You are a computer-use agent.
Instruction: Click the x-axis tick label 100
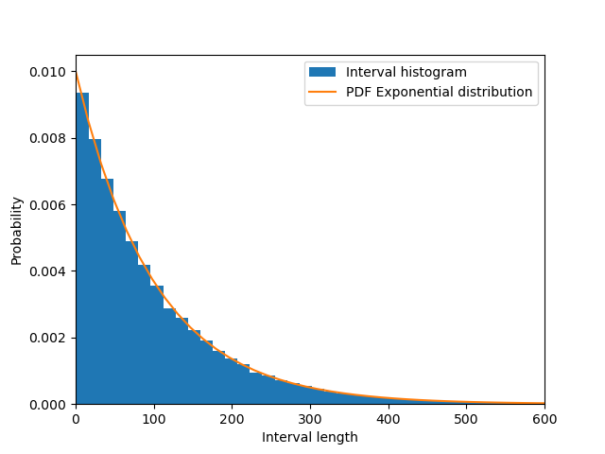tap(154, 418)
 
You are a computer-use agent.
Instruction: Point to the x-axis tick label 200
tap(232, 418)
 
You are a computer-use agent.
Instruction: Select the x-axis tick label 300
tap(310, 418)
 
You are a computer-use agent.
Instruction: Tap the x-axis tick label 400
tap(389, 418)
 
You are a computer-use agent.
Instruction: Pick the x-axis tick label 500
tap(466, 418)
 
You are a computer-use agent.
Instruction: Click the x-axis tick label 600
tap(544, 418)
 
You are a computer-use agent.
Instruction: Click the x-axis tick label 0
tap(76, 418)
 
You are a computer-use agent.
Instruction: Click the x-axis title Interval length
tap(310, 437)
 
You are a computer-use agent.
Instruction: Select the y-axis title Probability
tap(17, 230)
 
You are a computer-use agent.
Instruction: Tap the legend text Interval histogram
tap(406, 73)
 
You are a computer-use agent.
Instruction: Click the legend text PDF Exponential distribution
tap(440, 93)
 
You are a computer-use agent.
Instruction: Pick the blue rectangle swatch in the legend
tap(322, 73)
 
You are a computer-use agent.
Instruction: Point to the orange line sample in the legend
tap(322, 93)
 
